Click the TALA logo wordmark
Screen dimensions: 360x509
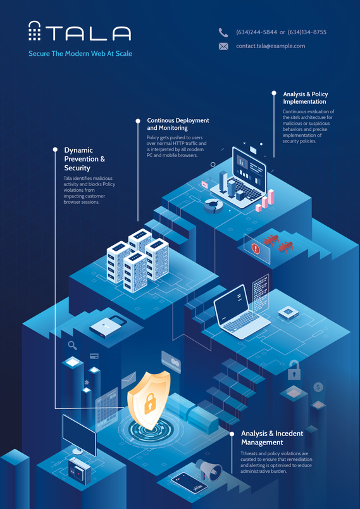(x=80, y=32)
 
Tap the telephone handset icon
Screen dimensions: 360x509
(x=223, y=32)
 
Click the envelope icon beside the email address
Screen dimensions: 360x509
(x=223, y=46)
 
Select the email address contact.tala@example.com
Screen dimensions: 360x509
(x=271, y=46)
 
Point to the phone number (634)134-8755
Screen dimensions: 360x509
(x=307, y=32)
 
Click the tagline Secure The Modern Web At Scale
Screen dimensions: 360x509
(x=80, y=54)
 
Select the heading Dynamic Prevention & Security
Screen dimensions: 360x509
(x=85, y=159)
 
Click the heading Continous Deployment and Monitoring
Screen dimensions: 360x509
(x=178, y=124)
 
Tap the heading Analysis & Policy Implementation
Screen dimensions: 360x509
(x=306, y=97)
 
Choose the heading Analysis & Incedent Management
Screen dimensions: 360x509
(x=272, y=438)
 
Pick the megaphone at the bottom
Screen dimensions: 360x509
(x=209, y=468)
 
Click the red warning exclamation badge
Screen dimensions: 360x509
(x=256, y=249)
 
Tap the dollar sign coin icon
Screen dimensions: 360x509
(x=318, y=387)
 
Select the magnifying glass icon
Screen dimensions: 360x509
(x=72, y=346)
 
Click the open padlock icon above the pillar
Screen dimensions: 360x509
(x=294, y=370)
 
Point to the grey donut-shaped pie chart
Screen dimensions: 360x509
(x=213, y=206)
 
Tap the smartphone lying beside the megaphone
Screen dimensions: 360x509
(x=189, y=483)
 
